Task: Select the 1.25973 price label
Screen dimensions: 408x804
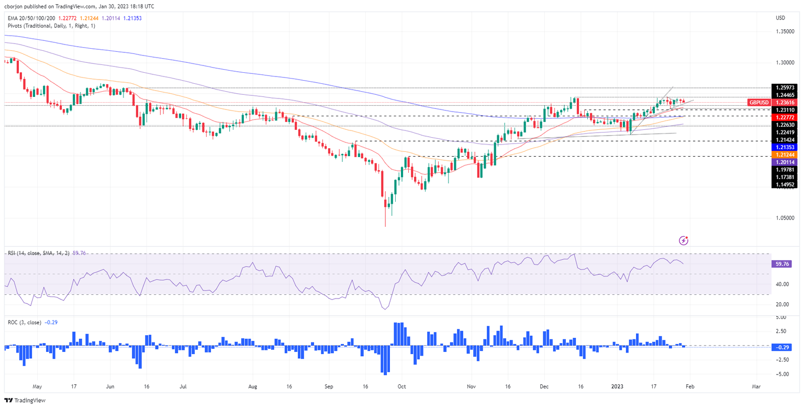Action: [x=784, y=87]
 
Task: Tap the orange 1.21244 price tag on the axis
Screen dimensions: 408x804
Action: [x=784, y=155]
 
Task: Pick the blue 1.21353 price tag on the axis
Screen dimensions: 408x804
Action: [x=784, y=148]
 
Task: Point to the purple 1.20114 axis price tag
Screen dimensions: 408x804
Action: [x=784, y=163]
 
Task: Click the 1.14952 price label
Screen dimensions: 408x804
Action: [x=784, y=184]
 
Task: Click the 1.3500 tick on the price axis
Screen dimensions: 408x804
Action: [x=783, y=32]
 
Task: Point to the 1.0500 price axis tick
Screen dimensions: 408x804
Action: [x=783, y=218]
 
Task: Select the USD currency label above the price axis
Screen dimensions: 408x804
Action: [x=780, y=18]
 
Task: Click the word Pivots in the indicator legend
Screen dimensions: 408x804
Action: [x=16, y=25]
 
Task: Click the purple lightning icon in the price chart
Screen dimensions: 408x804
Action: [x=683, y=240]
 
